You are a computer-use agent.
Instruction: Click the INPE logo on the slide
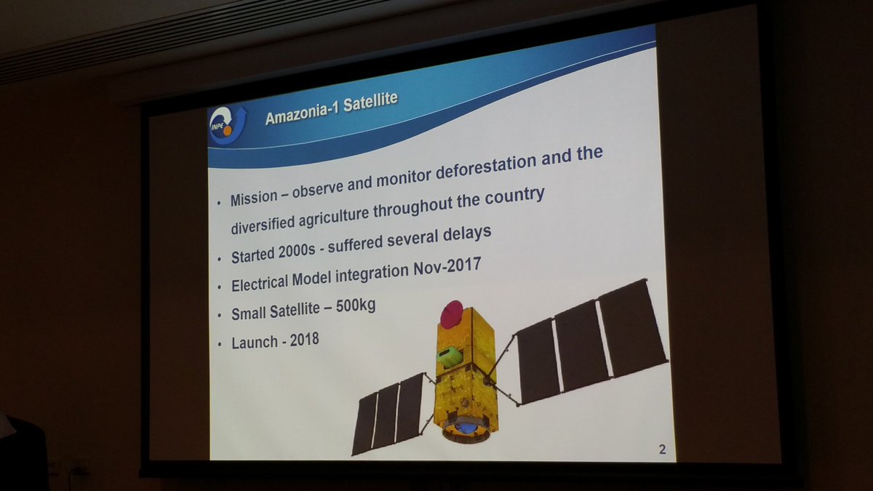point(228,124)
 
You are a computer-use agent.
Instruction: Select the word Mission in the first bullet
point(254,198)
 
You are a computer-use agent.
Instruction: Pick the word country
point(514,196)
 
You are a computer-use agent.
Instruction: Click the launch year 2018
point(304,340)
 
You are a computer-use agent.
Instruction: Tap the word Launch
point(254,343)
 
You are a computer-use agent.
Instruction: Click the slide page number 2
point(662,450)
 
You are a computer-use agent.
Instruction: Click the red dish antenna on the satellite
point(452,314)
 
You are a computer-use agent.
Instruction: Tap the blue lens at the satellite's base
point(466,428)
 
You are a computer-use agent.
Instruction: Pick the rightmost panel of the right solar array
point(632,327)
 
